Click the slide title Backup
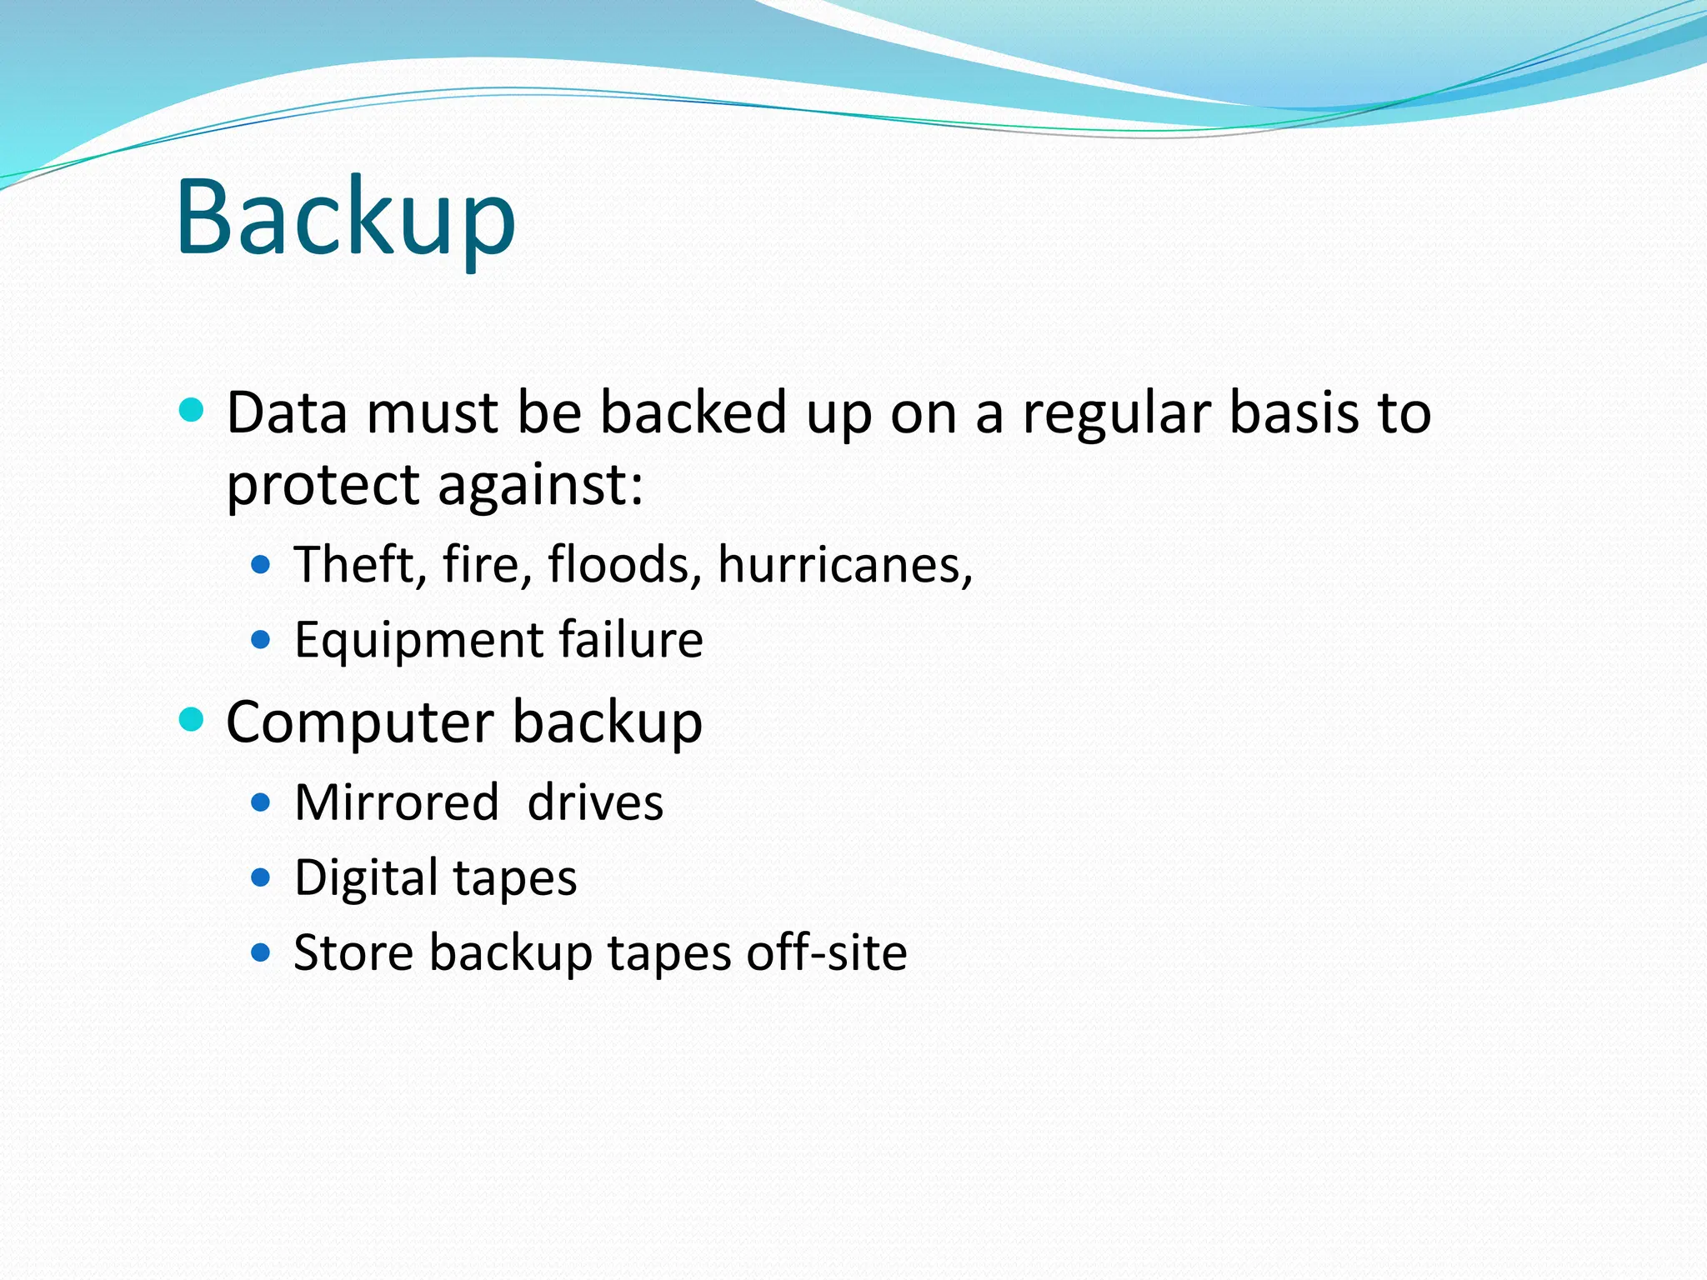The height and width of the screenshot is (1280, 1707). click(345, 218)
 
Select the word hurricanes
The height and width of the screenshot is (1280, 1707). click(844, 564)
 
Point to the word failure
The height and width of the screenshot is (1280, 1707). click(631, 639)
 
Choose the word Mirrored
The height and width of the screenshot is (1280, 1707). click(397, 802)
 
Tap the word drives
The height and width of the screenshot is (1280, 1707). click(595, 802)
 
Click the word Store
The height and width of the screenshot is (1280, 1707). click(353, 952)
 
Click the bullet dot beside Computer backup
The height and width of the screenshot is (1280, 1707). click(192, 718)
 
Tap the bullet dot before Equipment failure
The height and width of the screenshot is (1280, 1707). click(261, 640)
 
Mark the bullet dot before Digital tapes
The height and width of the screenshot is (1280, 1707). click(261, 877)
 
